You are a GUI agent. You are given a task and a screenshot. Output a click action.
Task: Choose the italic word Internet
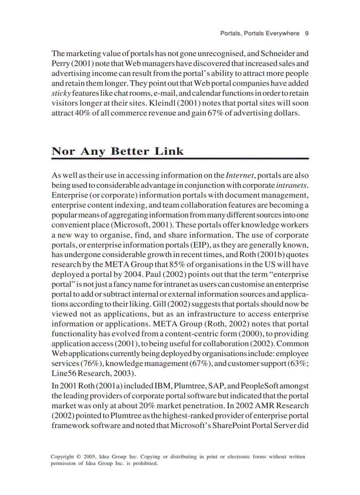(240, 175)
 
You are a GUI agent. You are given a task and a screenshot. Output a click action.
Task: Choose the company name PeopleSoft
(255, 386)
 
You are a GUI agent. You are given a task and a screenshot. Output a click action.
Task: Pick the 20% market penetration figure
(139, 406)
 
